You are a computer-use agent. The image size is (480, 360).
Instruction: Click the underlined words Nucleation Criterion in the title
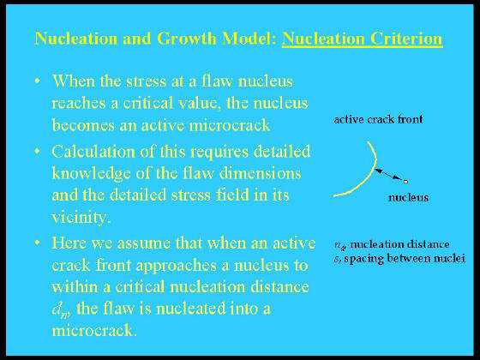(x=362, y=39)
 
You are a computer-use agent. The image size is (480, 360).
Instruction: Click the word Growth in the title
(x=187, y=39)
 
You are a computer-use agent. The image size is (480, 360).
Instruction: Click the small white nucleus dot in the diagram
(x=405, y=182)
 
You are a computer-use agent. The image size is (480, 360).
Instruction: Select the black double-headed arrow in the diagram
(x=389, y=175)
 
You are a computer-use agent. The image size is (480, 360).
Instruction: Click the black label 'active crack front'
(x=378, y=119)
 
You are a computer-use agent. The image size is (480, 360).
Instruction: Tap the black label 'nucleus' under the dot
(x=408, y=197)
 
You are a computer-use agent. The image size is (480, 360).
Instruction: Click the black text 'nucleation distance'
(x=399, y=244)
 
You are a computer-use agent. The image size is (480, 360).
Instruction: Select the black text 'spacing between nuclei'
(x=405, y=258)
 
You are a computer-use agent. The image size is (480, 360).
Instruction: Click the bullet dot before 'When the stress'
(x=38, y=81)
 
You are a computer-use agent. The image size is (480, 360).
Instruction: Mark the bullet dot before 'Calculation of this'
(x=38, y=151)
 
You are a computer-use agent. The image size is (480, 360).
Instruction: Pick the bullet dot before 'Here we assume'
(x=38, y=243)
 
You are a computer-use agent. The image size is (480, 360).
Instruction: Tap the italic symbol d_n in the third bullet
(x=61, y=310)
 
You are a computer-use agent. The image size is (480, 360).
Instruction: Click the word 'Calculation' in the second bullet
(x=93, y=152)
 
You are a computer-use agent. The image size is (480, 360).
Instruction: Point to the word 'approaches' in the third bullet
(x=177, y=266)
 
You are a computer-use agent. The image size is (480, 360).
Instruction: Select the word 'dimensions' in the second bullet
(x=261, y=173)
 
